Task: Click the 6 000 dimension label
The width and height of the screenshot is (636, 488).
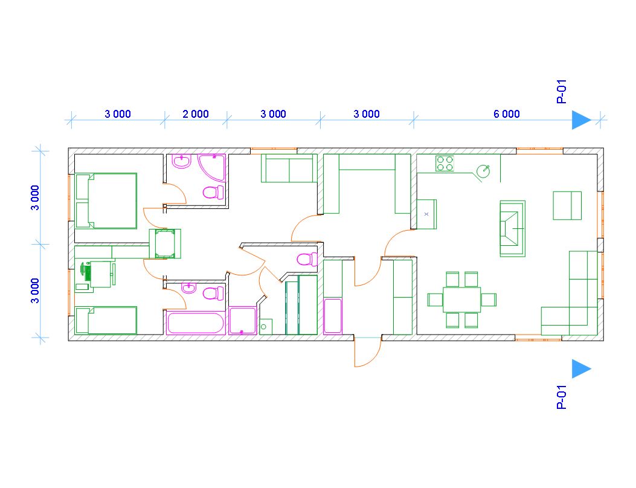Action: pyautogui.click(x=506, y=114)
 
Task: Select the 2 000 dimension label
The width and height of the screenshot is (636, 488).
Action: pyautogui.click(x=196, y=114)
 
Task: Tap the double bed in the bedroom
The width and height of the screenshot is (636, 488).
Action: pyautogui.click(x=106, y=201)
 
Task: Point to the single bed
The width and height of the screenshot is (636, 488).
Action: pyautogui.click(x=106, y=321)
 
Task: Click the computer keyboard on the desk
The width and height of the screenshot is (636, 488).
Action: pyautogui.click(x=87, y=271)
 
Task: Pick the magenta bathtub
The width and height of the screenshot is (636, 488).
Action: pyautogui.click(x=196, y=323)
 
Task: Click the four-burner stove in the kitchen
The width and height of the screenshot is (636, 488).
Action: pyautogui.click(x=445, y=164)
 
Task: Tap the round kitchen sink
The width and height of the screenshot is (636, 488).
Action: pyautogui.click(x=483, y=171)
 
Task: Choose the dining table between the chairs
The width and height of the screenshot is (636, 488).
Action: pyautogui.click(x=461, y=300)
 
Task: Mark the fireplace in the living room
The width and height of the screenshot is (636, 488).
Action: pyautogui.click(x=512, y=228)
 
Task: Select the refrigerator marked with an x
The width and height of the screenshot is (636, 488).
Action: pyautogui.click(x=426, y=214)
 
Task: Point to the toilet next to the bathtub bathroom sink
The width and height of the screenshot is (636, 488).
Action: pyautogui.click(x=213, y=293)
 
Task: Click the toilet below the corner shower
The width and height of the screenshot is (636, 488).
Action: pyautogui.click(x=213, y=192)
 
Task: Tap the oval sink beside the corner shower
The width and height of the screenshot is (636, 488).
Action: pyautogui.click(x=182, y=162)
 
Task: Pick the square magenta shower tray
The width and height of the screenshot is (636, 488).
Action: pyautogui.click(x=243, y=321)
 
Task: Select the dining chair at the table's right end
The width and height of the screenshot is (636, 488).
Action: pyautogui.click(x=489, y=300)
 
